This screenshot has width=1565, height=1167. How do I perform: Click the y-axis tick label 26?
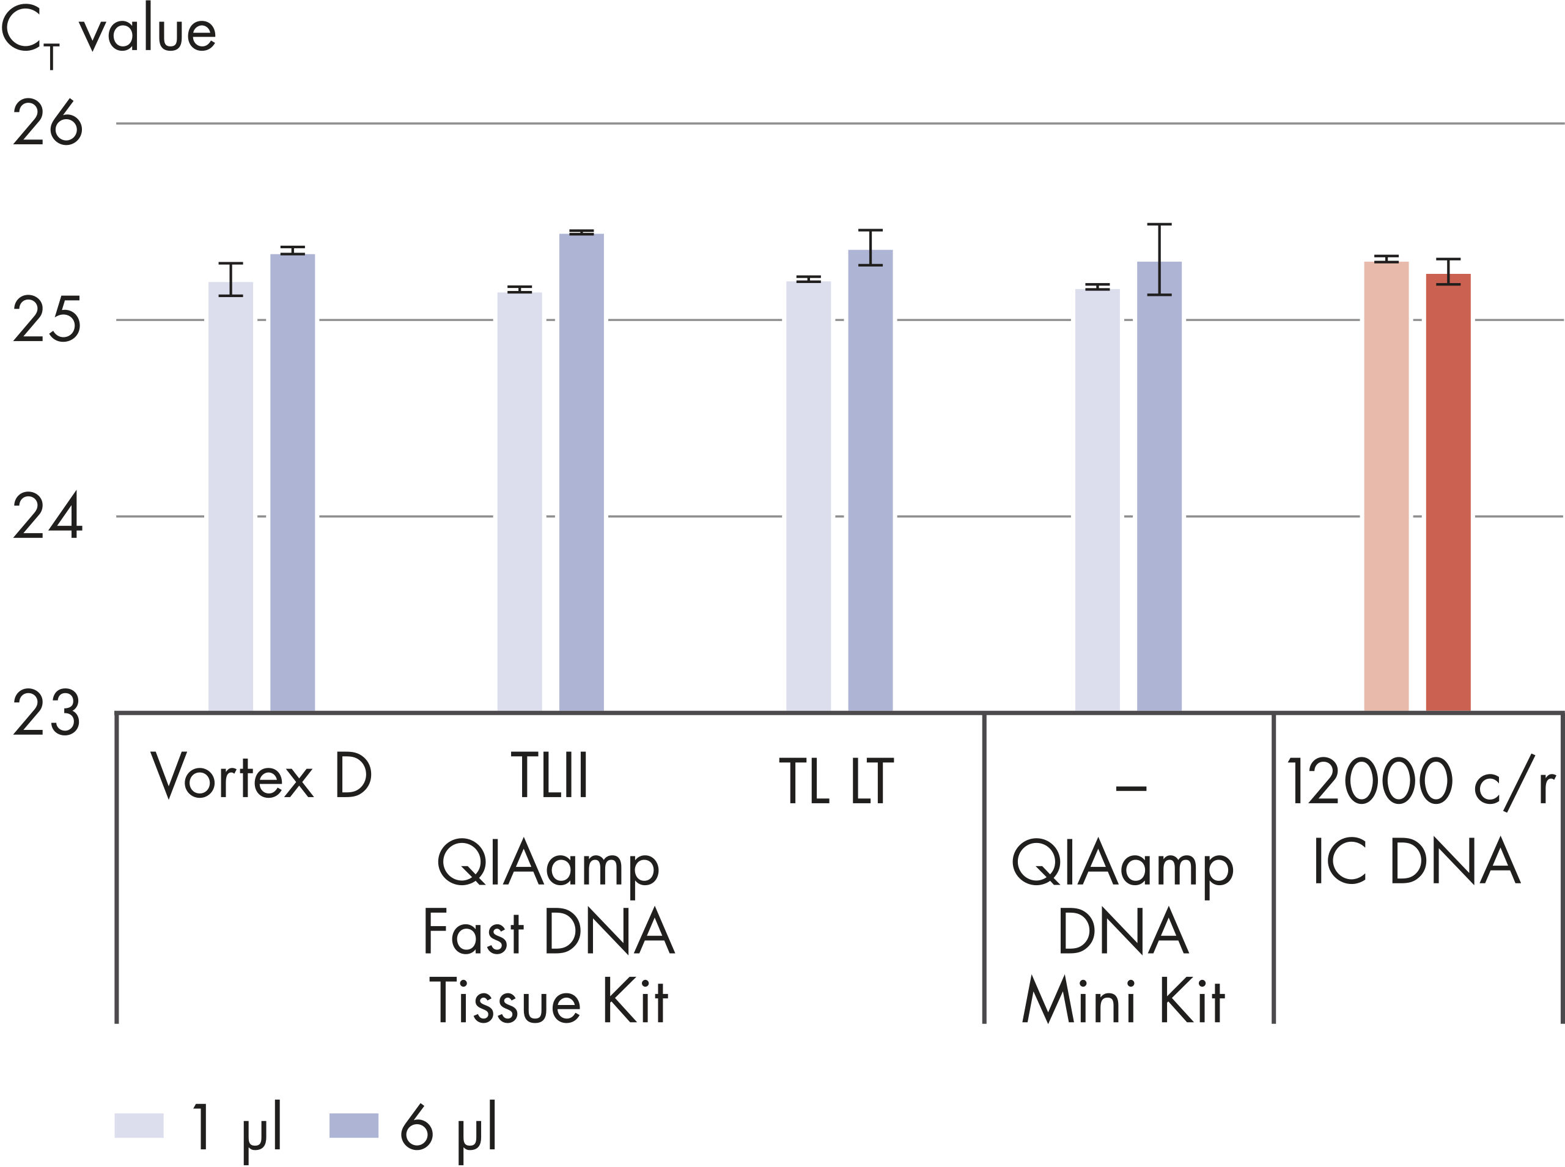point(47,123)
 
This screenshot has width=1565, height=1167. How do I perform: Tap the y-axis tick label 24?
point(47,517)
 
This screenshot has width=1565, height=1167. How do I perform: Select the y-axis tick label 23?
point(47,713)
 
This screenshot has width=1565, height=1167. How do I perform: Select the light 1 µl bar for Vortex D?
point(230,495)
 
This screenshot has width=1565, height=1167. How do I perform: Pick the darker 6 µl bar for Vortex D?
point(292,480)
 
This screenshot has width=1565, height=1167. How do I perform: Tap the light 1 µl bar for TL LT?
point(808,495)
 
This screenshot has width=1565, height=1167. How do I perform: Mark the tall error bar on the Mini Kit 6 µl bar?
point(1159,259)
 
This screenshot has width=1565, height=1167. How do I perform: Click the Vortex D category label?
point(260,776)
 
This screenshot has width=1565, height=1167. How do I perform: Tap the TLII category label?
point(549,776)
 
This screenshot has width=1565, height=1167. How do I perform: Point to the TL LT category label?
point(836,781)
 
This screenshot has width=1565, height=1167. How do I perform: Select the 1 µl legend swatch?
point(139,1125)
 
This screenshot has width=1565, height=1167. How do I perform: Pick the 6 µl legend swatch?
point(354,1125)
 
